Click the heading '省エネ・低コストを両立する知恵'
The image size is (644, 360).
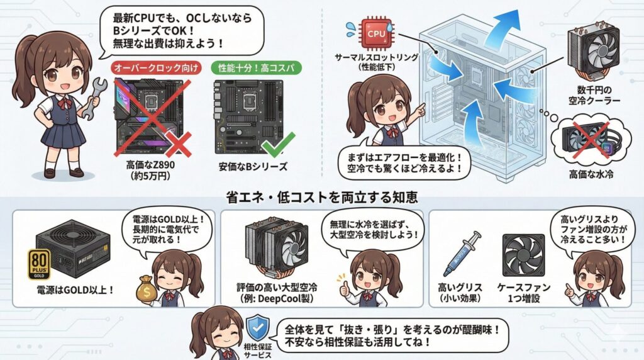coord(321,197)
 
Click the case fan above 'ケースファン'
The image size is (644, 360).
coord(523,255)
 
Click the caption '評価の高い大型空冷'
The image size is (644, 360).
coord(281,287)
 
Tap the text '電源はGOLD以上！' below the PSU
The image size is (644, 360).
coord(74,290)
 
